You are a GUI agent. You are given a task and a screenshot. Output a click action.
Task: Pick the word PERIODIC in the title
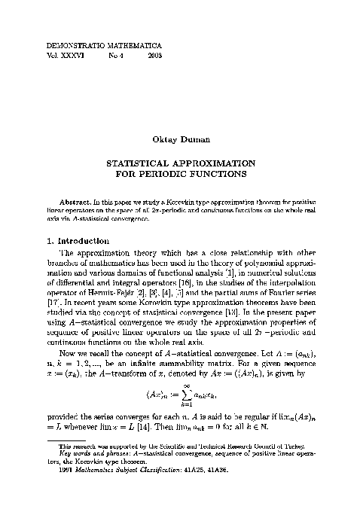[x=179, y=173]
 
